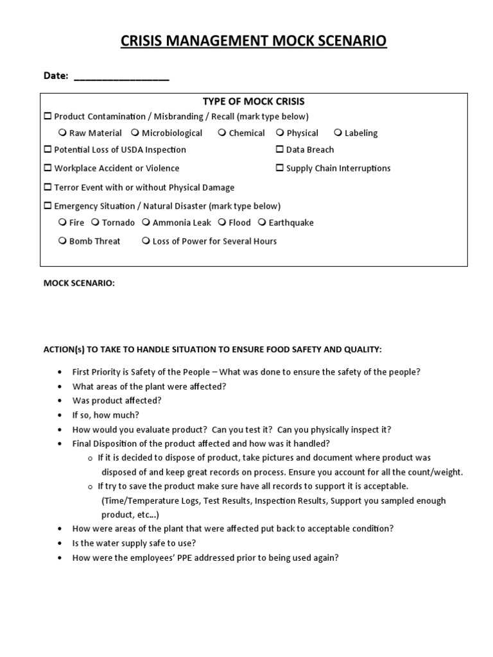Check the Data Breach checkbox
280,149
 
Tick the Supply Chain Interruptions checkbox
280,168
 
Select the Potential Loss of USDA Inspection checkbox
48,149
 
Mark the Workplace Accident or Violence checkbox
48,168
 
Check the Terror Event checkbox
48,187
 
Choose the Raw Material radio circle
62,133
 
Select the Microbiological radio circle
135,133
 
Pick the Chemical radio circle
221,133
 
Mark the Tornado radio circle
95,223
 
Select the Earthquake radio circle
262,223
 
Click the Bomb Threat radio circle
62,241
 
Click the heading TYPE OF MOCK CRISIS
254,101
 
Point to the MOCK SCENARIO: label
79,284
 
